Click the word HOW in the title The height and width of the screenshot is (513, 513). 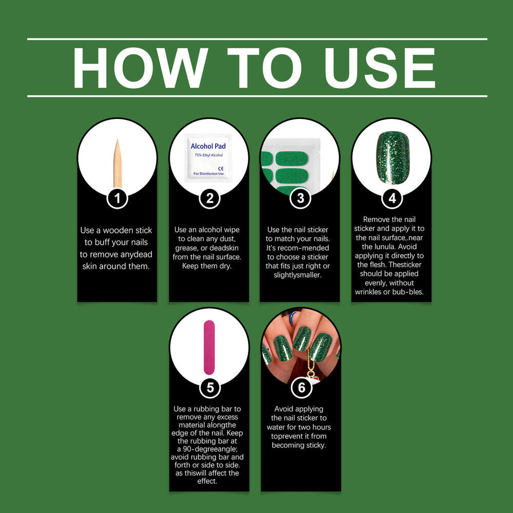click(141, 68)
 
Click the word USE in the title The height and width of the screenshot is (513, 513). click(380, 68)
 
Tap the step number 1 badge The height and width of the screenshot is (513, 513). click(117, 198)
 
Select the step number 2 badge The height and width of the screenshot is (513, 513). click(209, 198)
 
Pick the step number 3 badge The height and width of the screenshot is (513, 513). click(300, 198)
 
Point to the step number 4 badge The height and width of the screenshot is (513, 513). click(392, 198)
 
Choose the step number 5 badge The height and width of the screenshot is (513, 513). click(210, 388)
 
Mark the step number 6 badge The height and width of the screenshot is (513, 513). click(301, 388)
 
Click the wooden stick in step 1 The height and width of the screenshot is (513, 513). click(117, 163)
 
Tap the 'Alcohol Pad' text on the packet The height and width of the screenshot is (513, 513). click(208, 146)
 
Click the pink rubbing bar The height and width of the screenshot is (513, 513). click(209, 347)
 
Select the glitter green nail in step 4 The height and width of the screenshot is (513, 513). click(392, 157)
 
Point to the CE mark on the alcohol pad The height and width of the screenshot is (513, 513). click(221, 168)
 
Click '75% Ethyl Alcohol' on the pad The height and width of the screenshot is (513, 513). click(209, 155)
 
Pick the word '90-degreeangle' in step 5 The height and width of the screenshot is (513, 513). click(210, 449)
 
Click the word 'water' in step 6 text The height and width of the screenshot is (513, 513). click(277, 427)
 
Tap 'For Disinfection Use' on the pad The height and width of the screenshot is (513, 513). click(208, 174)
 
